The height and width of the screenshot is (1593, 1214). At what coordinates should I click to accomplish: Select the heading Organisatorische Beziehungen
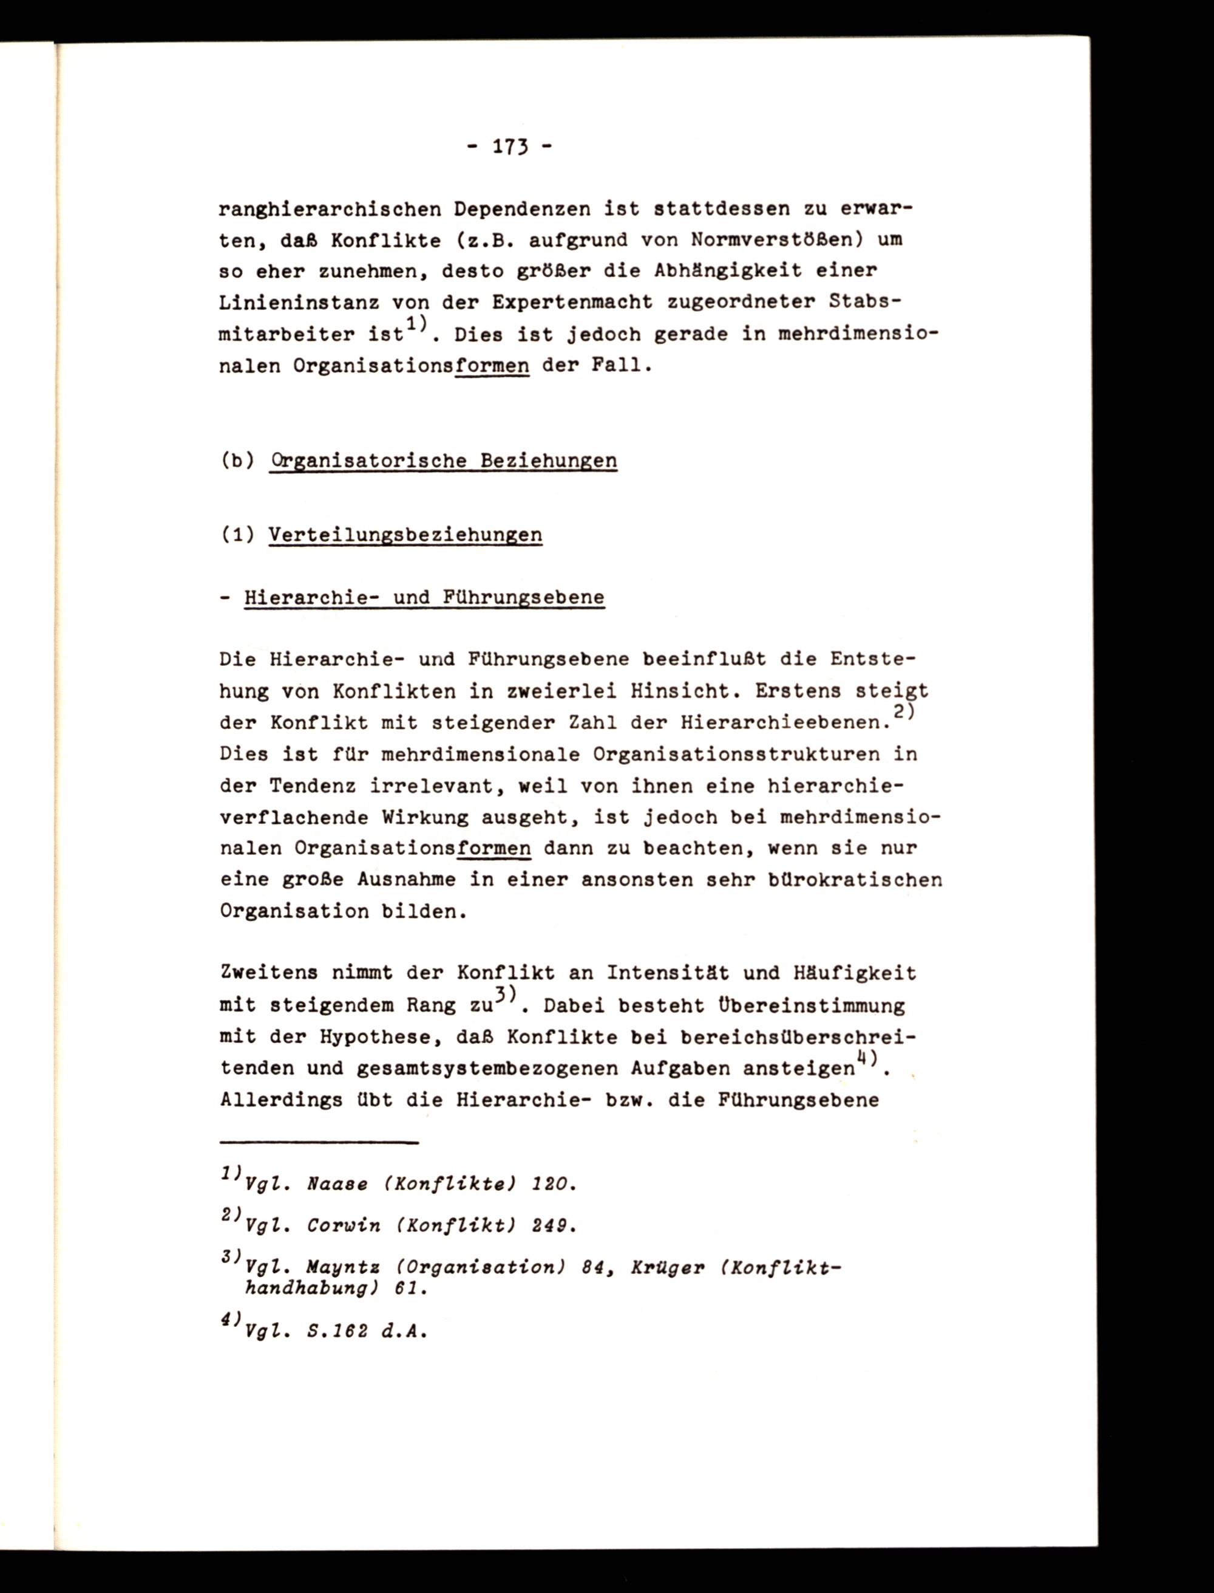pyautogui.click(x=443, y=461)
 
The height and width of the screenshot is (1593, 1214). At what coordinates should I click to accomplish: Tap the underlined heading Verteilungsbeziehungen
pyautogui.click(x=405, y=535)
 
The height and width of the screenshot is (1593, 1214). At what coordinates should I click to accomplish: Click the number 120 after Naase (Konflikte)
pyautogui.click(x=554, y=1185)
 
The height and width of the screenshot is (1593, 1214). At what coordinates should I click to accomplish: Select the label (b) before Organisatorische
pyautogui.click(x=238, y=461)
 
